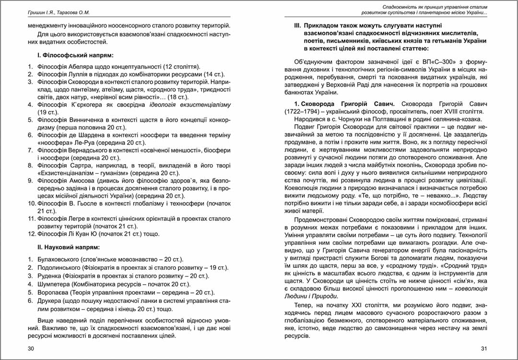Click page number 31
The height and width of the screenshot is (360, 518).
click(483, 348)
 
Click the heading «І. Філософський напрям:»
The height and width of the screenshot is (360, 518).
click(75, 56)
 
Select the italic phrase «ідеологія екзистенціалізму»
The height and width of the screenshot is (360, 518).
click(191, 105)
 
